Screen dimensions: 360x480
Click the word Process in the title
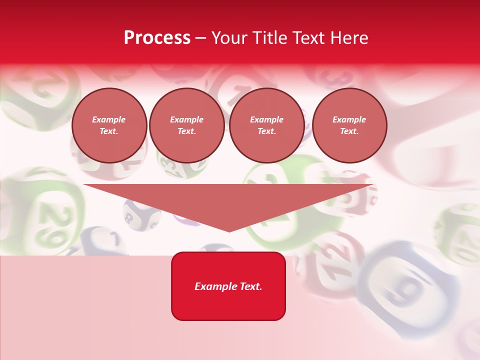click(157, 38)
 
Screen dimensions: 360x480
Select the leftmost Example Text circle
click(109, 125)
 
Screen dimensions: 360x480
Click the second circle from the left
click(187, 125)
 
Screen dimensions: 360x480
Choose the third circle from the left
click(266, 125)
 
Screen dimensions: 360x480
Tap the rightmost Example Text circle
click(349, 125)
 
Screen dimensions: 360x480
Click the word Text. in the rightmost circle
click(349, 131)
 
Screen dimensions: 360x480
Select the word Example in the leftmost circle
click(109, 119)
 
